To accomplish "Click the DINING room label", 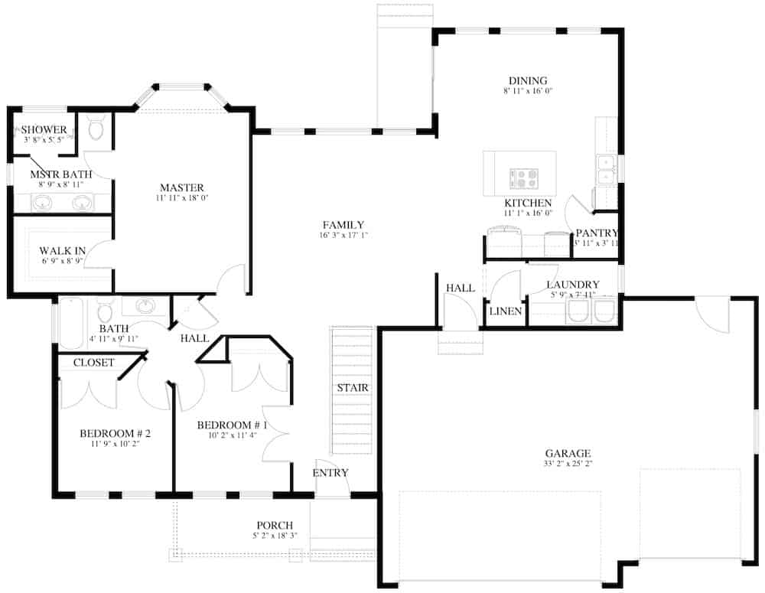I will [x=528, y=80].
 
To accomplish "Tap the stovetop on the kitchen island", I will [x=523, y=178].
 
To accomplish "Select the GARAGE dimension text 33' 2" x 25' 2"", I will [x=568, y=464].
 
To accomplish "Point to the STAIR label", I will [x=353, y=388].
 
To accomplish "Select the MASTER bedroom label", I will [x=181, y=187].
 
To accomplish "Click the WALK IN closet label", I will [x=63, y=250].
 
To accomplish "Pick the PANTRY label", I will [x=596, y=233].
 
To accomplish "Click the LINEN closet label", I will [x=506, y=311].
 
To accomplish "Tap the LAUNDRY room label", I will [x=573, y=285].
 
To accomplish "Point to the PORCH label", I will [x=275, y=525].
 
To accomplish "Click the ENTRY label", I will [x=330, y=473].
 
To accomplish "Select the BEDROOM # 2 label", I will [x=115, y=434].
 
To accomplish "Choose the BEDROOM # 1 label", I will [x=232, y=425].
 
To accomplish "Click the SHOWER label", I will [x=44, y=129].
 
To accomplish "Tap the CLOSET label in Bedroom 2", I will [x=93, y=363].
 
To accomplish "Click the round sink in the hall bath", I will [x=145, y=307].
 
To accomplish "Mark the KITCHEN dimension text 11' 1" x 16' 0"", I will [x=527, y=213].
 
